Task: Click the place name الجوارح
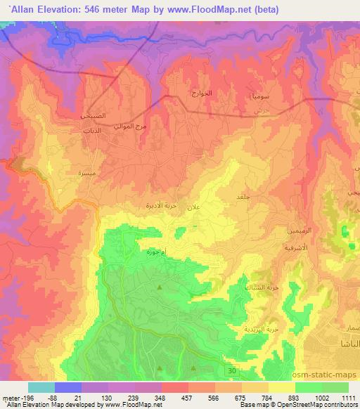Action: coord(202,93)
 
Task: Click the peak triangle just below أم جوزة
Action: coord(160,287)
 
